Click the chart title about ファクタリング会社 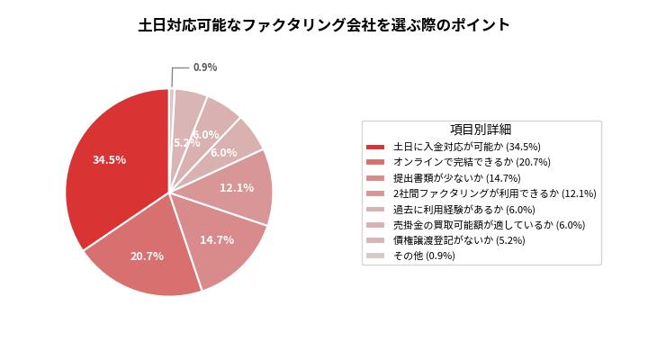324,25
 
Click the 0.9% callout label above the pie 205,67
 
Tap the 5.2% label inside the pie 186,142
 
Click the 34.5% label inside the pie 109,159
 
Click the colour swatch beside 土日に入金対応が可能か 376,146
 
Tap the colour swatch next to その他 376,256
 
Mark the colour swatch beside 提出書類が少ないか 376,178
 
